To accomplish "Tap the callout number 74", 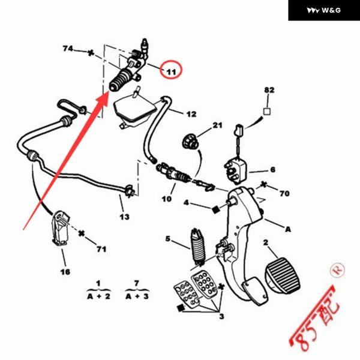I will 68,48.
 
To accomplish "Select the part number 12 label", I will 191,113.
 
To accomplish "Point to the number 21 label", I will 217,125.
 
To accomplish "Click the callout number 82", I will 269,90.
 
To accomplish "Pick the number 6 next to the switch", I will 272,170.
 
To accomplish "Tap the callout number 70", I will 284,194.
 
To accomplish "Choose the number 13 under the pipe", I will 124,216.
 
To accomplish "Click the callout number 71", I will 101,248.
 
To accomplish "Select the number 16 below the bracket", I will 65,272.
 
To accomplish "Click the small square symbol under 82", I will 268,112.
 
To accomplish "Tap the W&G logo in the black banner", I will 323,10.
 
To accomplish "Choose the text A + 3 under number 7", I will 136,296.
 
